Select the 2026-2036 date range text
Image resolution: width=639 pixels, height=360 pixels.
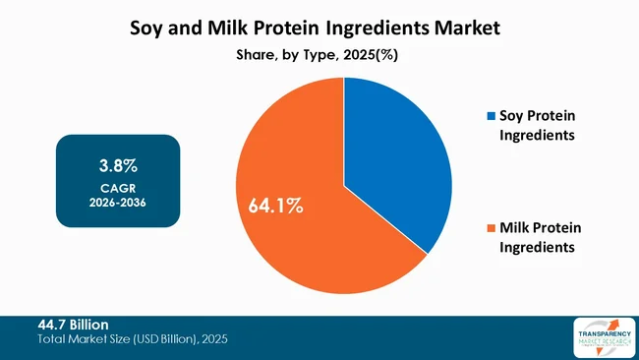click(x=118, y=203)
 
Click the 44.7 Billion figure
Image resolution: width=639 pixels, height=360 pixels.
click(x=73, y=324)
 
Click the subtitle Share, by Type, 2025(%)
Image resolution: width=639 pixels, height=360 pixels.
click(x=319, y=55)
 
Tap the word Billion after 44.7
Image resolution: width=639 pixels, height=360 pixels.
click(x=88, y=324)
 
